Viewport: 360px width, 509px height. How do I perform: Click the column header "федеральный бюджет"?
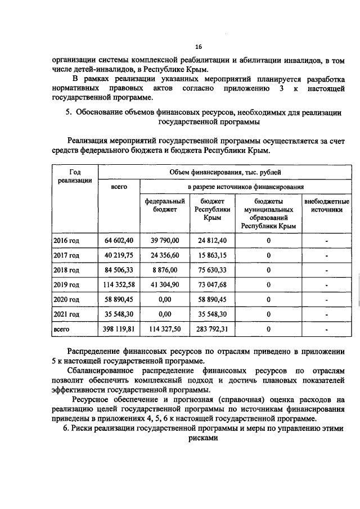tap(165, 205)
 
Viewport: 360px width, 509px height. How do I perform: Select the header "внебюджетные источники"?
tap(326, 205)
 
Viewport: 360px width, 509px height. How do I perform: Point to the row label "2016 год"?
tap(66, 241)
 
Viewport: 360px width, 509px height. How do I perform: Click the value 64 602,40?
tap(119, 241)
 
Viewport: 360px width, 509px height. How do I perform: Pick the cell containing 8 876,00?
tap(165, 270)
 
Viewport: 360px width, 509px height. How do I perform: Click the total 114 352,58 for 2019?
tap(119, 285)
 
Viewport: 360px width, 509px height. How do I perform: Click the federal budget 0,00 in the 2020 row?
tap(165, 299)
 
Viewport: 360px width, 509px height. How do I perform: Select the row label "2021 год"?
tap(66, 314)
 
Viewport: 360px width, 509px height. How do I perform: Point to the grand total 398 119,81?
tap(119, 328)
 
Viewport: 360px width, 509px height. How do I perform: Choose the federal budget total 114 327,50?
tap(165, 328)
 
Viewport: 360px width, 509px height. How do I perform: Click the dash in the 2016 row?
tap(326, 241)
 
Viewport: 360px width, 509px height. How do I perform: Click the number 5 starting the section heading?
tap(67, 112)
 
